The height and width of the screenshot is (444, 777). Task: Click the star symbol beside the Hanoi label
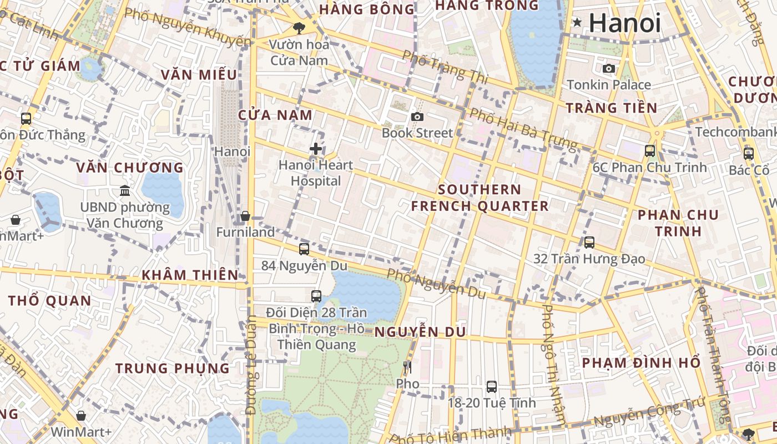click(x=577, y=23)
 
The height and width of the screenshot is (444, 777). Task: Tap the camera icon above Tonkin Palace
click(x=609, y=68)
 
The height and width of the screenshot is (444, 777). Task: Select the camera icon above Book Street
click(x=417, y=117)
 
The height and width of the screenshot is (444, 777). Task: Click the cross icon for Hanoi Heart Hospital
click(x=316, y=149)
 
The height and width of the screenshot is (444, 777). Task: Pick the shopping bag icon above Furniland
click(x=245, y=216)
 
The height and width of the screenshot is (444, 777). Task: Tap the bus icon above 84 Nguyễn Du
click(x=304, y=249)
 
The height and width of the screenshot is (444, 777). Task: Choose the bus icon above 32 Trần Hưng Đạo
click(x=589, y=243)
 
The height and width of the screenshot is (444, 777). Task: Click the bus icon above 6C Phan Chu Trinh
click(x=649, y=150)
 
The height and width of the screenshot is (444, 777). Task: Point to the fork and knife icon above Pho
click(x=407, y=367)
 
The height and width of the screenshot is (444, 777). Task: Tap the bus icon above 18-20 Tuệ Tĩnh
click(x=492, y=386)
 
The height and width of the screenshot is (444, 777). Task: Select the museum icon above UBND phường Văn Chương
click(x=125, y=190)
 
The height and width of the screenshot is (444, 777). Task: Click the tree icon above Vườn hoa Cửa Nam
click(x=299, y=27)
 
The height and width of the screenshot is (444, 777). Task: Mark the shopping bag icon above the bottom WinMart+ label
click(x=81, y=415)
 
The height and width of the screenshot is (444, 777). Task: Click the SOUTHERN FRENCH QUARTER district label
click(x=480, y=198)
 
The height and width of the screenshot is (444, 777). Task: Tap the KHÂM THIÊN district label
click(x=190, y=275)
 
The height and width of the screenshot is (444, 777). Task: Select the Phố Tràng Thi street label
click(x=445, y=67)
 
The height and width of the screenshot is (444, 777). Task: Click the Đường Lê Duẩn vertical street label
click(x=251, y=365)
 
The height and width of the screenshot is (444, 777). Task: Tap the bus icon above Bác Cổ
click(x=749, y=154)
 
